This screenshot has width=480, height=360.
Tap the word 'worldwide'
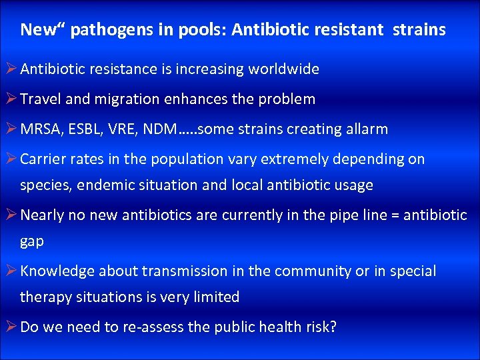(285, 69)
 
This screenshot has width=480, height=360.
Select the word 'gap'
(32, 242)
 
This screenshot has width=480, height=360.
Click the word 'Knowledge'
(57, 271)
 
